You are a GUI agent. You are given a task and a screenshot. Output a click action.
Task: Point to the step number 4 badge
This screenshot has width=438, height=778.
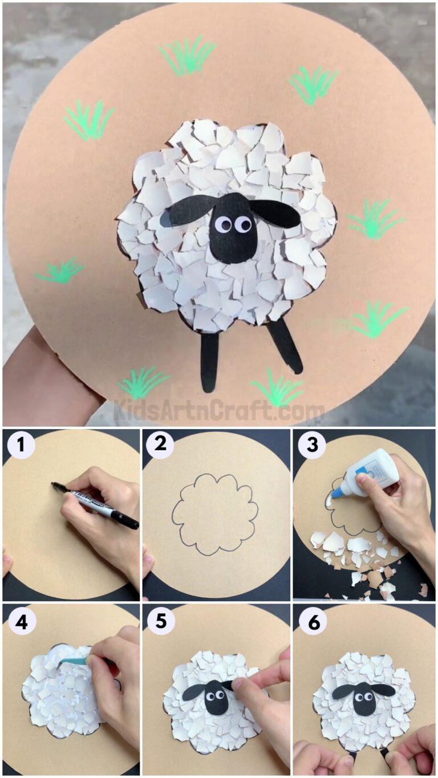click(x=21, y=622)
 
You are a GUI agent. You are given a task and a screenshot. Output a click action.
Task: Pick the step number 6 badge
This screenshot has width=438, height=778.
click(x=311, y=622)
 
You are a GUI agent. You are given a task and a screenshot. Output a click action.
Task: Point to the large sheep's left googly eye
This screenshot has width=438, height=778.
click(x=224, y=225)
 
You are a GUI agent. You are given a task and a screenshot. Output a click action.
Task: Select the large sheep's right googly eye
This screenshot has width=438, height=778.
click(x=243, y=224)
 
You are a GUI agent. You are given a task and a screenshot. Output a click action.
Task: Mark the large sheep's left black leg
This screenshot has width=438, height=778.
click(x=209, y=361)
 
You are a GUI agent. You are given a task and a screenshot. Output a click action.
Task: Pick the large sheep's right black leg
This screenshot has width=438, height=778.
click(x=286, y=345)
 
